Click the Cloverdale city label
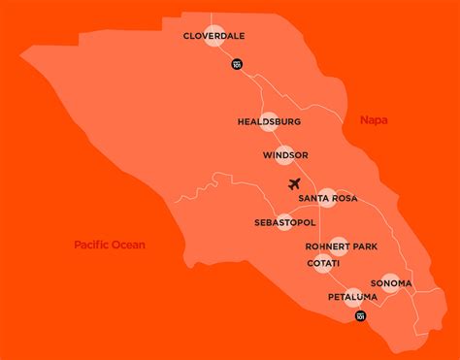coord(213,36)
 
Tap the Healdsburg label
coord(269,122)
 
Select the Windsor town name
coord(285,155)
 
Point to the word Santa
coord(313,199)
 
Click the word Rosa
coord(344,199)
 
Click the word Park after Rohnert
coord(365,246)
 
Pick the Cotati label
coord(323,263)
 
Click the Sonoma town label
coord(390,283)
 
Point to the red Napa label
coord(374,120)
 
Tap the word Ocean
coord(128,245)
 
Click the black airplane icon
coord(296,183)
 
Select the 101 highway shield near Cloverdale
coord(237,63)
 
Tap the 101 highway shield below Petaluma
coord(360,316)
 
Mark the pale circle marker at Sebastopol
coord(284,222)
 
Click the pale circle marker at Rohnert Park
coord(338,246)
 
